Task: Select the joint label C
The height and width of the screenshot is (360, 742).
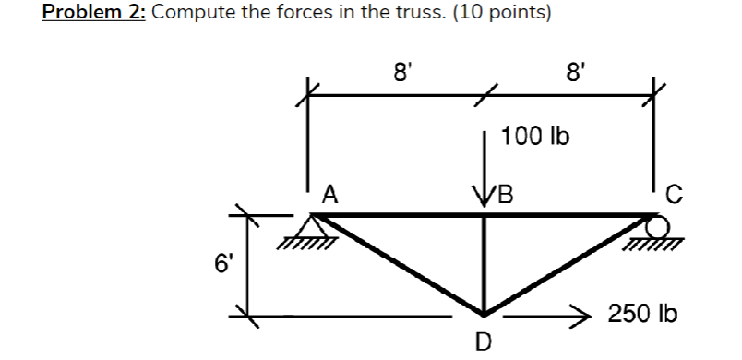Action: click(675, 194)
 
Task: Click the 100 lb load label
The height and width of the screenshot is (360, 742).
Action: click(535, 138)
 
